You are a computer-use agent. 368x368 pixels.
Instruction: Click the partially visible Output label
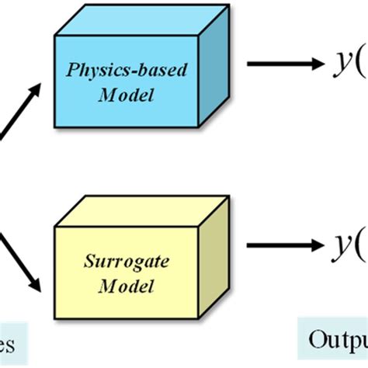(x=335, y=341)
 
